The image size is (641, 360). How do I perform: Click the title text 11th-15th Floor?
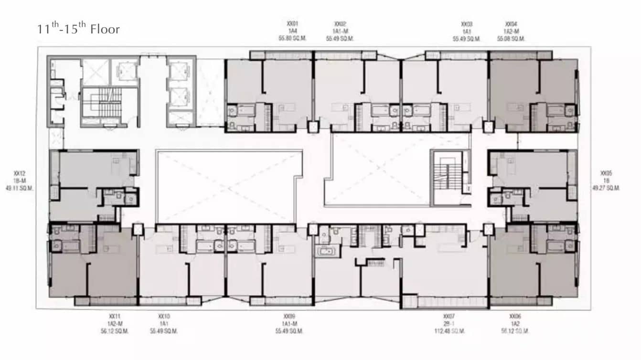78,29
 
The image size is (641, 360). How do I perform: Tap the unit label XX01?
293,23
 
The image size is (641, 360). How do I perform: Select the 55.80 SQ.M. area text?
293,39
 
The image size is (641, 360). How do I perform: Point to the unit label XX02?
340,23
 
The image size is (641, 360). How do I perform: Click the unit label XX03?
467,23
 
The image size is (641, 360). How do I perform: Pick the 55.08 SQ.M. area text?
511,39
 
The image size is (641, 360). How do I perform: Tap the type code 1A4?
293,31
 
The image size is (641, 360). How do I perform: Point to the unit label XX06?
514,316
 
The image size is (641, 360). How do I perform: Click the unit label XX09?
289,316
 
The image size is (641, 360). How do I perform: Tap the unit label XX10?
164,316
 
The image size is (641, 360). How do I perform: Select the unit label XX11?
115,316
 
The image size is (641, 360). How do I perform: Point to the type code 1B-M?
20,180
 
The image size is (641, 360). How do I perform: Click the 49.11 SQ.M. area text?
20,188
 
